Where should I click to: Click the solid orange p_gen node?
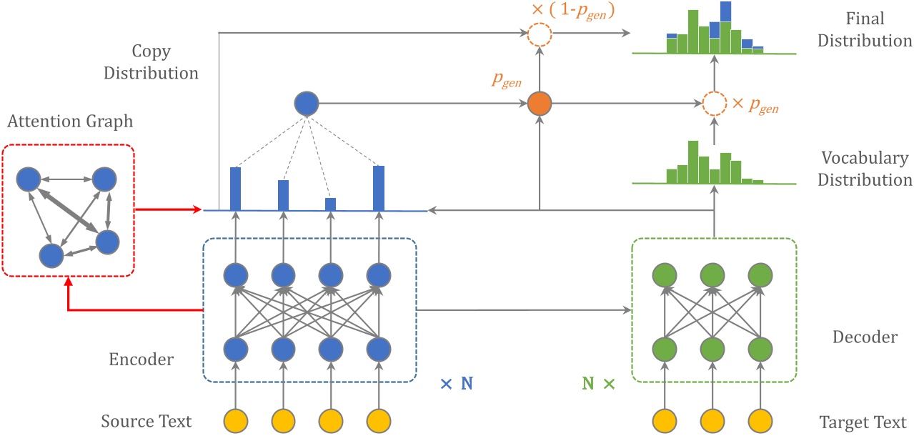click(540, 104)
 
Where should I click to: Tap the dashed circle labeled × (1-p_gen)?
click(540, 34)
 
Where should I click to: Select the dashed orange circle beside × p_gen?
click(714, 104)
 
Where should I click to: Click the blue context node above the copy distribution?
click(306, 104)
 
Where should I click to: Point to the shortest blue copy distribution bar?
click(330, 204)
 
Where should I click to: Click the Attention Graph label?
click(70, 122)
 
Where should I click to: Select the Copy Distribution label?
click(164, 61)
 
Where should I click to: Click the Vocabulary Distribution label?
click(865, 169)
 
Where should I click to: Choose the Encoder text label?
click(141, 360)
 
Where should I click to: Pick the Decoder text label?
click(865, 337)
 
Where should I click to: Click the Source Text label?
click(146, 421)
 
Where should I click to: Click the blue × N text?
click(457, 384)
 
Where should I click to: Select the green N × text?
click(598, 384)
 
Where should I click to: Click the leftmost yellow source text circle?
click(235, 420)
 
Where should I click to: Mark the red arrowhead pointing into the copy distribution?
click(198, 210)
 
